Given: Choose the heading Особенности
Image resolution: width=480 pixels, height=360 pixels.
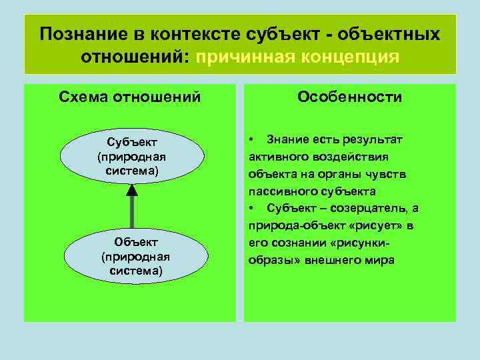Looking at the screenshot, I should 350,97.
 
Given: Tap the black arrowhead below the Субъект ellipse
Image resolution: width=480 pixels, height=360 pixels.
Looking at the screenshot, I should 132,190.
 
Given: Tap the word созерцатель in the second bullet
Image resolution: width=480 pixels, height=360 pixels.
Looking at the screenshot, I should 361,209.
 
